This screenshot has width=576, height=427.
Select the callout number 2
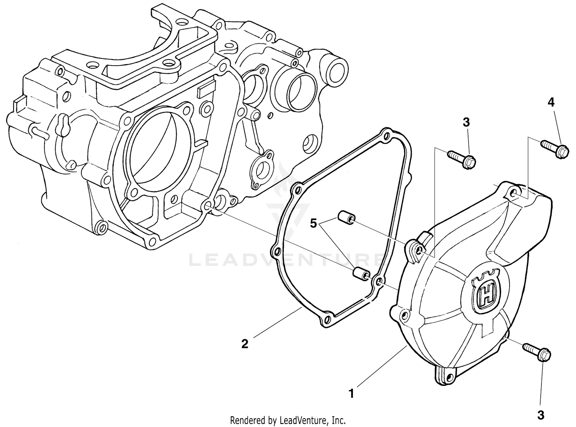tap(245, 343)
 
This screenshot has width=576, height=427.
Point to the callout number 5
tap(314, 223)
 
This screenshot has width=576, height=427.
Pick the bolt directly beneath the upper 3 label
tap(462, 159)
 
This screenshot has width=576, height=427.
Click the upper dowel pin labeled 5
tap(345, 218)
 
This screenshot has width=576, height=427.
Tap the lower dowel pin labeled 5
tap(361, 273)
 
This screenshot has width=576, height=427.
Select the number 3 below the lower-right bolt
tap(541, 415)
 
